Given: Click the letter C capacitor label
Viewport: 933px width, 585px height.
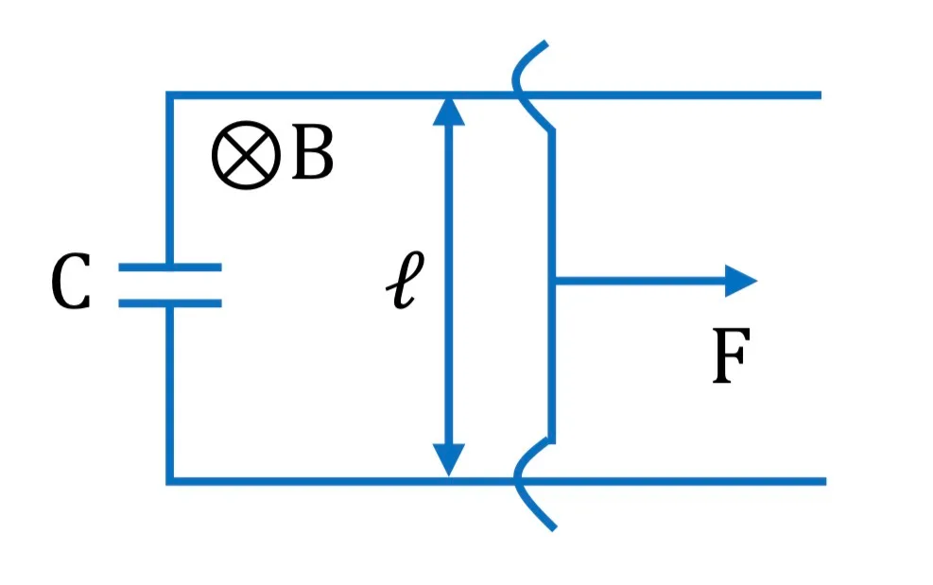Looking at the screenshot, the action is [71, 281].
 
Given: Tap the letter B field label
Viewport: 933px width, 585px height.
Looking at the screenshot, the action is [313, 154].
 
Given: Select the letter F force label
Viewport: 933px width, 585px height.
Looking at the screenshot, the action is [732, 356].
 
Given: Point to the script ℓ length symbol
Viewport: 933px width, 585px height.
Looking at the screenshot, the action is [405, 279].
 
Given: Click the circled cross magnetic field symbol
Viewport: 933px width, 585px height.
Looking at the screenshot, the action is [247, 155].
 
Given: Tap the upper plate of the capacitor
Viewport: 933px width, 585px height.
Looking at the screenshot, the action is [170, 267].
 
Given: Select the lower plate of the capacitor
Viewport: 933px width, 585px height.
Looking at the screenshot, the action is [170, 303].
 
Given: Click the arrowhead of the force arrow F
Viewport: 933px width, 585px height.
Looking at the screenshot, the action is [741, 281].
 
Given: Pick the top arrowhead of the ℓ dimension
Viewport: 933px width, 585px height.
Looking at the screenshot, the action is [449, 112].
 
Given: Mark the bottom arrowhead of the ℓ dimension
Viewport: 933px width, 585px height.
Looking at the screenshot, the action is [449, 460].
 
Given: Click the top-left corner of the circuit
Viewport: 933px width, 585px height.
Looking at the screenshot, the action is [169, 95].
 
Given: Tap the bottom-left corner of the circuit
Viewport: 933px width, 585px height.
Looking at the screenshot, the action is [169, 481].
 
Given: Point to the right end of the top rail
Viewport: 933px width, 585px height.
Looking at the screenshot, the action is [821, 95].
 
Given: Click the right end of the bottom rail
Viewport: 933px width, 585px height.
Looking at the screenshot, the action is [825, 481].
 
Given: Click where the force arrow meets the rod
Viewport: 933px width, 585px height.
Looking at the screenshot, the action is [553, 281].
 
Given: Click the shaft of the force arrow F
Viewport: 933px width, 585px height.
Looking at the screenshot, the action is [640, 281].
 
